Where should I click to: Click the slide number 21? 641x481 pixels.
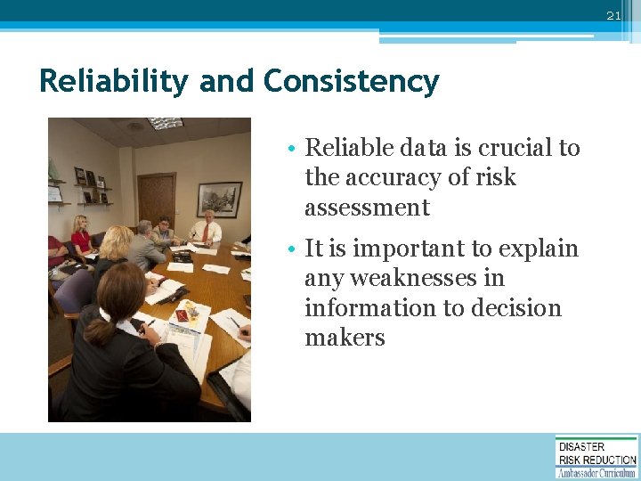click(613, 16)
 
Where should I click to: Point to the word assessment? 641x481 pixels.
click(367, 208)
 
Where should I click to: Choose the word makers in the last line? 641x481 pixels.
click(345, 338)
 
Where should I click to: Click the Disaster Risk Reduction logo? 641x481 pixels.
click(596, 456)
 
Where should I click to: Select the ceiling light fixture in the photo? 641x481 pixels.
click(165, 123)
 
